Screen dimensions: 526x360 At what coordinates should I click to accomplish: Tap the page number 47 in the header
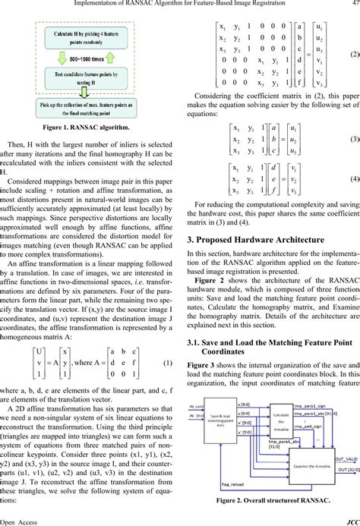353,5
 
